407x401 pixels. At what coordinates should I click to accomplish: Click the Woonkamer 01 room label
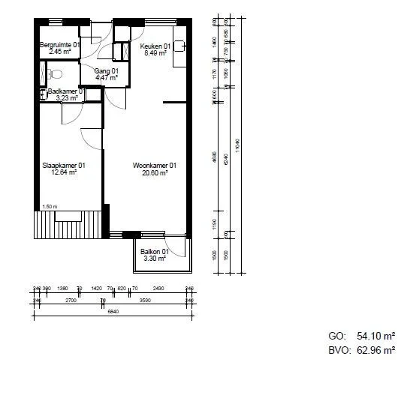point(155,165)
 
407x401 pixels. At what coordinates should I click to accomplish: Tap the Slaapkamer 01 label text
point(63,165)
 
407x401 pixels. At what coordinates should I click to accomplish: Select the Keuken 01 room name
point(155,46)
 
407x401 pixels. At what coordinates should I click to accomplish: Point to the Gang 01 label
point(106,70)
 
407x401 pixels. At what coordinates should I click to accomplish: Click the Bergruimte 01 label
point(60,46)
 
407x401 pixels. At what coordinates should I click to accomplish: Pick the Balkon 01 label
point(155,252)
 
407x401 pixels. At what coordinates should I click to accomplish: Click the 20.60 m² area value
point(155,172)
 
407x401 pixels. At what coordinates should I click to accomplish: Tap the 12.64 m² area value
point(64,172)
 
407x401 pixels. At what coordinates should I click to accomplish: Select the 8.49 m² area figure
point(155,52)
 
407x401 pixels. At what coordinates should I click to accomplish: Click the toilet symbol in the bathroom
point(54,74)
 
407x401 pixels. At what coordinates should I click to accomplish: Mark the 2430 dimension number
point(158,288)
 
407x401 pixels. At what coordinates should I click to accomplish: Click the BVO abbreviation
point(339,350)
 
